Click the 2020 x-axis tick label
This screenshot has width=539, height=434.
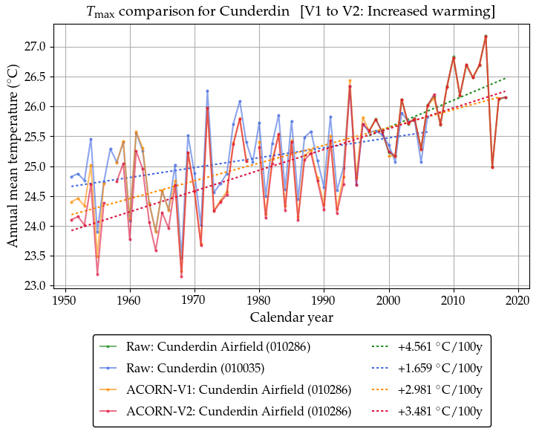(x=517, y=300)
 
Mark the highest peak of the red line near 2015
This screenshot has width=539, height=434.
(x=486, y=36)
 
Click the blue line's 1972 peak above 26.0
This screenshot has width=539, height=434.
(x=207, y=91)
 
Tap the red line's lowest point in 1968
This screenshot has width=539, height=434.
(x=181, y=276)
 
